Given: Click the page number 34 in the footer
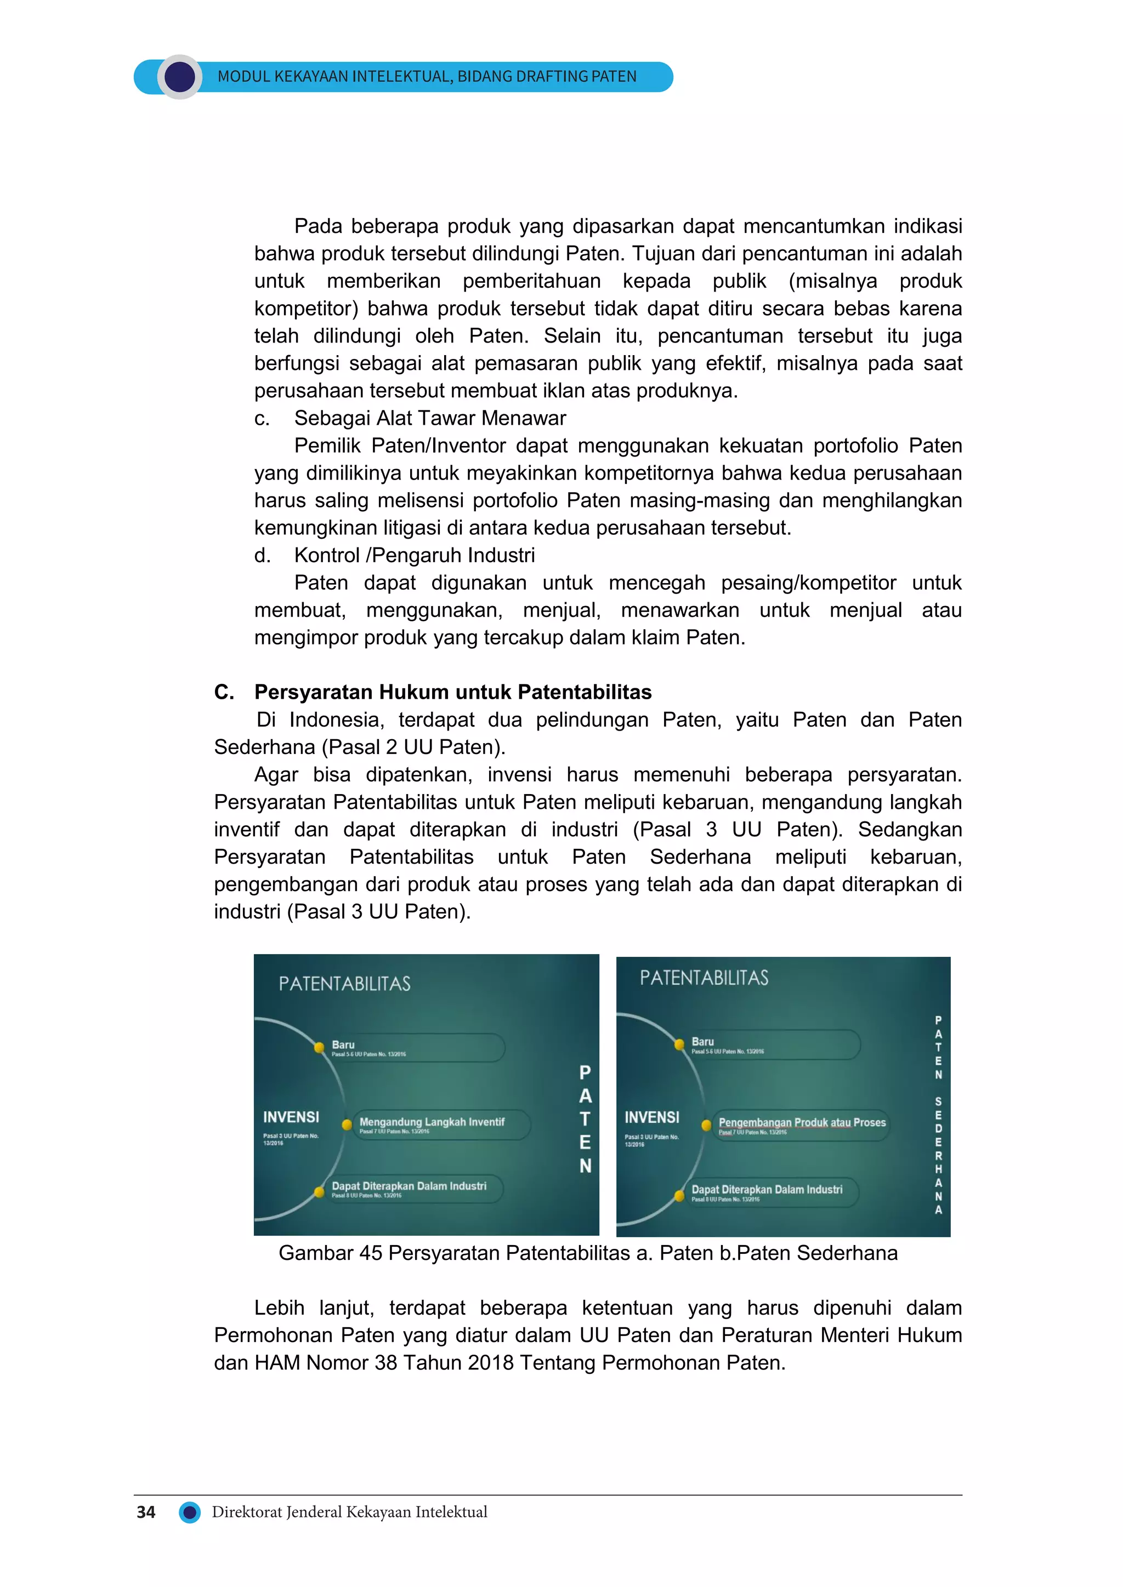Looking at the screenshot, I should click(x=146, y=1512).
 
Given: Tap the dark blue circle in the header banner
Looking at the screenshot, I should click(x=180, y=77).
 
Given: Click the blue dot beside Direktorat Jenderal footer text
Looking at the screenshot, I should click(x=190, y=1512).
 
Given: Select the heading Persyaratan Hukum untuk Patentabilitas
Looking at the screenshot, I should click(x=452, y=692).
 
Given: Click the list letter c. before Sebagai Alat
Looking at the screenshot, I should click(x=262, y=418).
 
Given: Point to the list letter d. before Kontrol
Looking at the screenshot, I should click(x=262, y=555).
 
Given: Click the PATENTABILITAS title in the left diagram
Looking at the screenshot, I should click(x=344, y=984).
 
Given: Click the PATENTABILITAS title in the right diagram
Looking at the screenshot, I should click(x=704, y=978).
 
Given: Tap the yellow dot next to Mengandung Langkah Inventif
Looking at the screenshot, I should click(x=347, y=1124).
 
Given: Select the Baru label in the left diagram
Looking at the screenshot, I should click(x=343, y=1044).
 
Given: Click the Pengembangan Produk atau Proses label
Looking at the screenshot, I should click(x=802, y=1122).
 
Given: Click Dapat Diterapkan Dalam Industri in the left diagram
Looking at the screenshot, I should click(x=409, y=1186).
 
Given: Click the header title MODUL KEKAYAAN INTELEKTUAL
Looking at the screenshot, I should click(x=427, y=77).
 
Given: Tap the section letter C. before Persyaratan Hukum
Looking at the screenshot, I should click(x=223, y=692).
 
